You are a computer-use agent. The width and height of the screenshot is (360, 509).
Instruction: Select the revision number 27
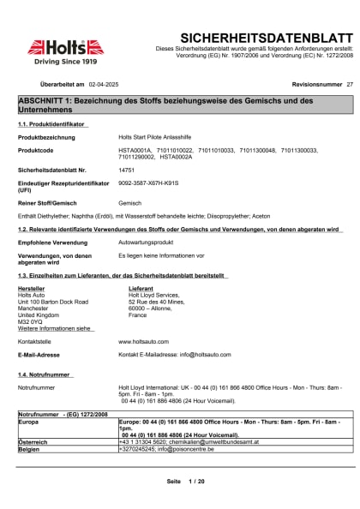(x=349, y=86)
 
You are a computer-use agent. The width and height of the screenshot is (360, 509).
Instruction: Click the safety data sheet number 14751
(x=127, y=171)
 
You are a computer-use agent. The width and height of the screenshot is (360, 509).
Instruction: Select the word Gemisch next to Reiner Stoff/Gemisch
(x=129, y=203)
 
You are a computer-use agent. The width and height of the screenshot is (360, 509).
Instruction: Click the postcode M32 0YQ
(x=32, y=321)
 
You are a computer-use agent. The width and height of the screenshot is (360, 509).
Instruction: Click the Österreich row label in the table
(x=33, y=440)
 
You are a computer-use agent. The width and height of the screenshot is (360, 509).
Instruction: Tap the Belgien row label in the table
(x=30, y=447)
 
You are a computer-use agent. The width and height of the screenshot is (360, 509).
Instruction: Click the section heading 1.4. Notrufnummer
(x=45, y=375)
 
